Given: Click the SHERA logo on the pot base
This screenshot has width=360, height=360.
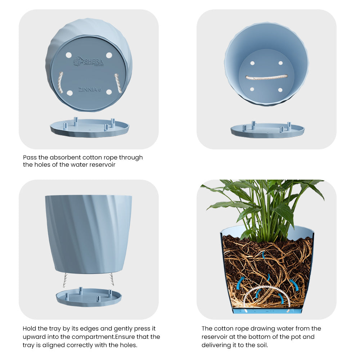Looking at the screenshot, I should pyautogui.click(x=89, y=61).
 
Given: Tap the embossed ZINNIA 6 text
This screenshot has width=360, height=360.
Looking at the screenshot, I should pyautogui.click(x=90, y=90).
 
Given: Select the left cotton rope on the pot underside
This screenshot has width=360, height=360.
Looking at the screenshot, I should pyautogui.click(x=60, y=82).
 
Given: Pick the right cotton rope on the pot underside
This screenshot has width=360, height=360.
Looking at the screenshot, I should pyautogui.click(x=118, y=83).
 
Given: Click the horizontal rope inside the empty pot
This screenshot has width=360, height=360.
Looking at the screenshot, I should pyautogui.click(x=266, y=77).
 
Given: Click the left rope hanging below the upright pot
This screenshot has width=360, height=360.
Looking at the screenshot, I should pyautogui.click(x=65, y=279).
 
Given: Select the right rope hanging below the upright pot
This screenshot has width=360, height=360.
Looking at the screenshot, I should pyautogui.click(x=112, y=279).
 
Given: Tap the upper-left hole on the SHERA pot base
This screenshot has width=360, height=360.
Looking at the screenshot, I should pyautogui.click(x=68, y=55).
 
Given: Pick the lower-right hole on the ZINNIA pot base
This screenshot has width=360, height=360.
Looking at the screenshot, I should pyautogui.click(x=109, y=92).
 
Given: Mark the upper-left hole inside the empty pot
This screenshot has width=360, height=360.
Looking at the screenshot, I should pyautogui.click(x=252, y=63).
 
